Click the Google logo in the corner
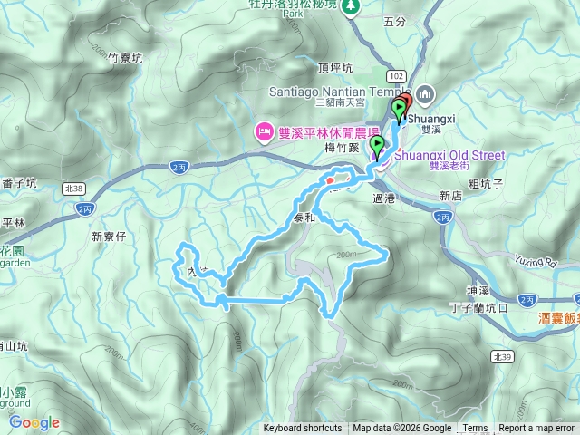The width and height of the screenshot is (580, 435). click(x=34, y=422)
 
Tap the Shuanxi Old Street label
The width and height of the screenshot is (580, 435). click(x=449, y=155)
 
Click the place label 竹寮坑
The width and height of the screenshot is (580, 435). click(x=125, y=58)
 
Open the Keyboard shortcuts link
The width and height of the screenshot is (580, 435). click(x=303, y=429)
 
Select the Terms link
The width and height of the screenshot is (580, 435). click(x=475, y=429)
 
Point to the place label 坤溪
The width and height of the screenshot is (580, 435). click(x=478, y=290)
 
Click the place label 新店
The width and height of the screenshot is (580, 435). click(x=450, y=195)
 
